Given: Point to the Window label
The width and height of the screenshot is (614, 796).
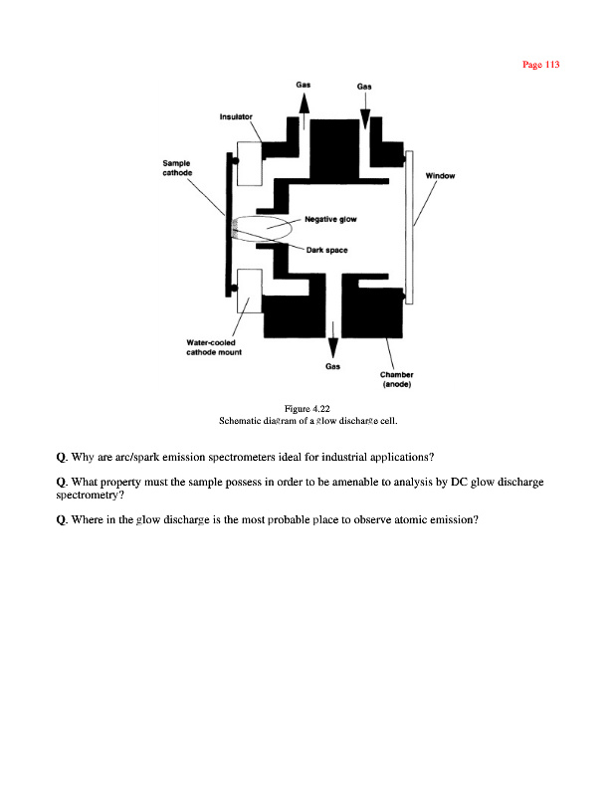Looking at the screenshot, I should tap(440, 176).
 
